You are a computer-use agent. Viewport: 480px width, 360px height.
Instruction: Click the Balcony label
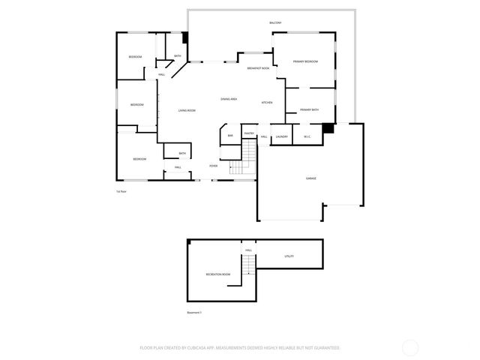(275, 23)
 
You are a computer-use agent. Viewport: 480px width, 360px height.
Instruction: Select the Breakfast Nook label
(259, 68)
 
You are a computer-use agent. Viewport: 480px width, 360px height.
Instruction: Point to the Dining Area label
(229, 99)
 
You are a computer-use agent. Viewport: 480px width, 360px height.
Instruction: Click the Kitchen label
(266, 102)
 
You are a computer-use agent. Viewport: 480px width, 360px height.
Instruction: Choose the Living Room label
(187, 110)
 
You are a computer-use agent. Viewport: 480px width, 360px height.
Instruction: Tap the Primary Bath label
(309, 110)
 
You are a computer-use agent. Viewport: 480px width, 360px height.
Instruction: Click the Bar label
(230, 136)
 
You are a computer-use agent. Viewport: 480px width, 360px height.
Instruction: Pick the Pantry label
(249, 133)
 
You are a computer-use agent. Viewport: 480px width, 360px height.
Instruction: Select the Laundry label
(281, 136)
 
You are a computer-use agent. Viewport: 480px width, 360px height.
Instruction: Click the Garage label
(310, 178)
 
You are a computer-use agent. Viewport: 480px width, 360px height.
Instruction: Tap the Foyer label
(214, 166)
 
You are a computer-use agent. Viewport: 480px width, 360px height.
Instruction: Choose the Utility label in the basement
(289, 256)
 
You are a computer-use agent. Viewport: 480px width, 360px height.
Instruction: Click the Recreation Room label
(218, 275)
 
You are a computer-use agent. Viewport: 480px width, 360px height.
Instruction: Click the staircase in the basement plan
(247, 266)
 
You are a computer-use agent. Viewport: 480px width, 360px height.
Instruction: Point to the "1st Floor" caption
(121, 192)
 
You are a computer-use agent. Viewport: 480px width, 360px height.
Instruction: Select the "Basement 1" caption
(195, 312)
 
